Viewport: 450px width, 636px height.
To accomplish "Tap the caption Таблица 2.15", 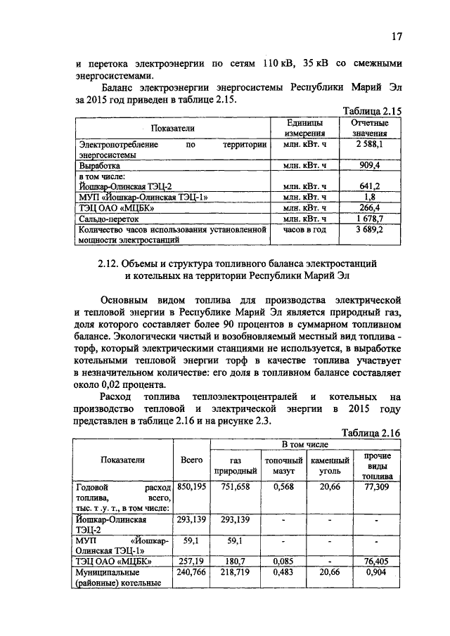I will [371, 111].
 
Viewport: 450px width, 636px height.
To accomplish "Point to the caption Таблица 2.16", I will [371, 433].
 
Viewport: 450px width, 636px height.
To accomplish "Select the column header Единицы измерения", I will [304, 127].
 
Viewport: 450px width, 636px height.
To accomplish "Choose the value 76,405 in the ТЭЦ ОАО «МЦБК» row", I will [377, 562].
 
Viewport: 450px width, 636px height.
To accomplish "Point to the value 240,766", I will [192, 573].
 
